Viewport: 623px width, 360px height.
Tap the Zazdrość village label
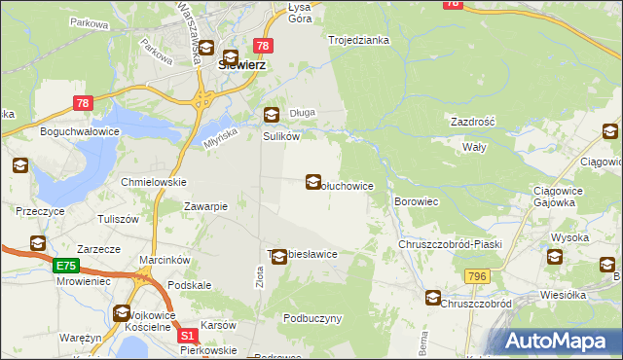point(473,122)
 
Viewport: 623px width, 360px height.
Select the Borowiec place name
point(418,201)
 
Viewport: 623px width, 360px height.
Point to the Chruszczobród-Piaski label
point(450,244)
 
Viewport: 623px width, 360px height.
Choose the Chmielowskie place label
point(153,182)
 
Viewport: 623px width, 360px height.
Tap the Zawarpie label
point(205,206)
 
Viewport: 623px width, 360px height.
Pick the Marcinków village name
point(149,260)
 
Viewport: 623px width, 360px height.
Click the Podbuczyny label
point(312,318)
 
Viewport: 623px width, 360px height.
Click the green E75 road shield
point(65,265)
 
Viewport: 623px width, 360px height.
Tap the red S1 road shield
point(191,335)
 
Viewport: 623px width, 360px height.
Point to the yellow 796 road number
point(477,277)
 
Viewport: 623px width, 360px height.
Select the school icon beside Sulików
point(271,115)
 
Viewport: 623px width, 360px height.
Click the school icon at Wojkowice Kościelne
point(123,313)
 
